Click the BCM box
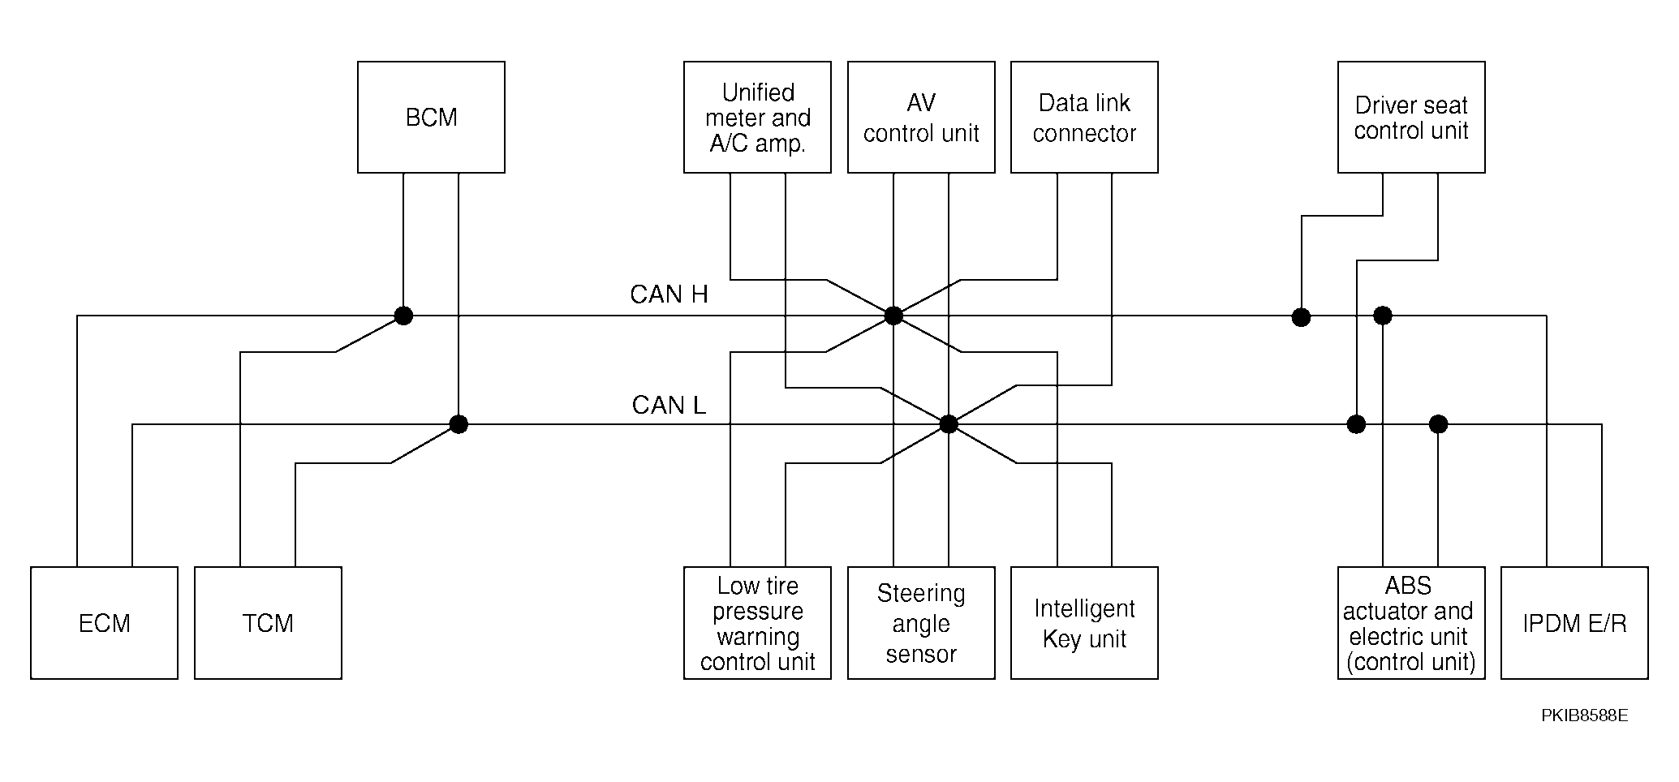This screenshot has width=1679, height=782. click(x=431, y=117)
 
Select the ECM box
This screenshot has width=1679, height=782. click(x=104, y=623)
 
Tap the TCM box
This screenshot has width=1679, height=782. click(x=268, y=623)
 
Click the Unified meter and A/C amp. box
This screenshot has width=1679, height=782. click(x=757, y=117)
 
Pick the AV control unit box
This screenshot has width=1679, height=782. click(x=921, y=117)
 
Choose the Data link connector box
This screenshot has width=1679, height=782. click(x=1084, y=117)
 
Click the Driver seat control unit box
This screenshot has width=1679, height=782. click(x=1411, y=117)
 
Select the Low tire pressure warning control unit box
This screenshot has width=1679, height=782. click(x=757, y=623)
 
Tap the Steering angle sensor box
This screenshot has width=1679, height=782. click(x=921, y=623)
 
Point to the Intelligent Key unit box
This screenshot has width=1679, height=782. click(x=1084, y=623)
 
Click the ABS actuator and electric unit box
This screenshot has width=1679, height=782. click(x=1411, y=623)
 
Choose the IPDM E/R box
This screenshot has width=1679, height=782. click(x=1574, y=623)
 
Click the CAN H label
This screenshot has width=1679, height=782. click(x=669, y=294)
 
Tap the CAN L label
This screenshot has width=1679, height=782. click(x=669, y=405)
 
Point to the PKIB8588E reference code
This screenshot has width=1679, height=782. click(x=1584, y=715)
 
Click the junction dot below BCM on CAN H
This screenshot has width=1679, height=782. click(x=403, y=316)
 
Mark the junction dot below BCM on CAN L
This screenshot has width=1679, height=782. click(x=458, y=424)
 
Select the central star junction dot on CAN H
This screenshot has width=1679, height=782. click(x=893, y=316)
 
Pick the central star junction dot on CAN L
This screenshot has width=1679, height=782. click(x=949, y=424)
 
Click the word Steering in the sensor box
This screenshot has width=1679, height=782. click(x=921, y=595)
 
